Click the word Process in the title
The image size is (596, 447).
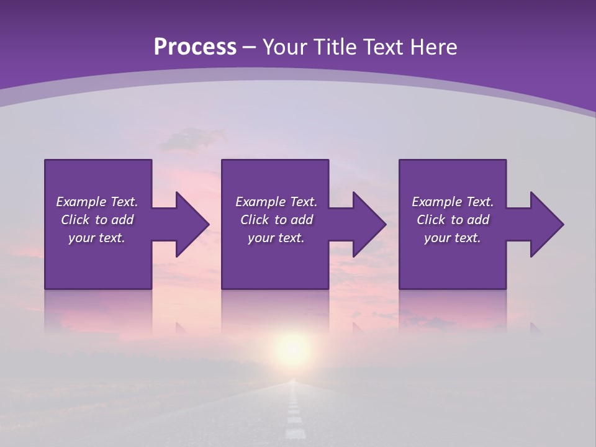pyautogui.click(x=195, y=47)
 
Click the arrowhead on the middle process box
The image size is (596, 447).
pyautogui.click(x=369, y=224)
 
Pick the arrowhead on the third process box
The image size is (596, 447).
pyautogui.click(x=546, y=224)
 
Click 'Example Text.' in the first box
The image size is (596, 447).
pyautogui.click(x=97, y=202)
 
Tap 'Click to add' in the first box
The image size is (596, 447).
pyautogui.click(x=97, y=220)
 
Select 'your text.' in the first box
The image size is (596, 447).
pyautogui.click(x=97, y=238)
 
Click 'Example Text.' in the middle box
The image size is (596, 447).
pyautogui.click(x=276, y=202)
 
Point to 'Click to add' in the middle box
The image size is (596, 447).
pyautogui.click(x=276, y=220)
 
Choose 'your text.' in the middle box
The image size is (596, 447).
pyautogui.click(x=276, y=238)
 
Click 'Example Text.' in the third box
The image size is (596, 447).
pyautogui.click(x=453, y=202)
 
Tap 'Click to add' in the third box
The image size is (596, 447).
pyautogui.click(x=453, y=220)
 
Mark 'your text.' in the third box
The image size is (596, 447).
pyautogui.click(x=453, y=238)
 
